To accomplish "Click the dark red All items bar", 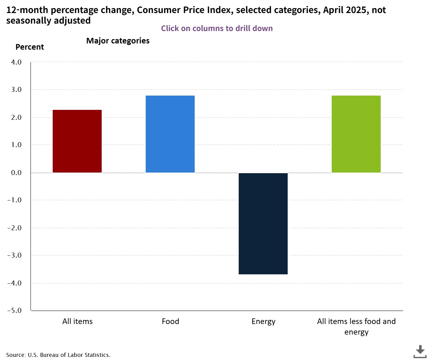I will pos(77,141).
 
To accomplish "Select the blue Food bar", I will pos(170,134).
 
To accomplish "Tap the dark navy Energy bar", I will pos(263,223).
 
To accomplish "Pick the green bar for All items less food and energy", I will pos(356,134).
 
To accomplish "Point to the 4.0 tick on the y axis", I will pos(16,62).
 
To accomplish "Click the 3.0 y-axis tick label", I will pos(16,90).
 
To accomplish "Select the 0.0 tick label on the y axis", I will pos(16,173).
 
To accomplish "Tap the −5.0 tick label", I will pos(15,310).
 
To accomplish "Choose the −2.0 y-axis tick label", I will pos(15,228).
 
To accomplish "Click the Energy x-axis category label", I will pos(263,322).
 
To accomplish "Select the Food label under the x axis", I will pos(170,321).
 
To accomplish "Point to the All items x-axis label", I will pos(77,321).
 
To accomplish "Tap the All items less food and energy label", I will pos(356,326).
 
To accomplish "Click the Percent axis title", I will pos(30,47).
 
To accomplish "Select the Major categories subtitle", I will pos(118,41).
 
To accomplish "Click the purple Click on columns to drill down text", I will pos(217,28).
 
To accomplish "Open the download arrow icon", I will pos(420,351).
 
